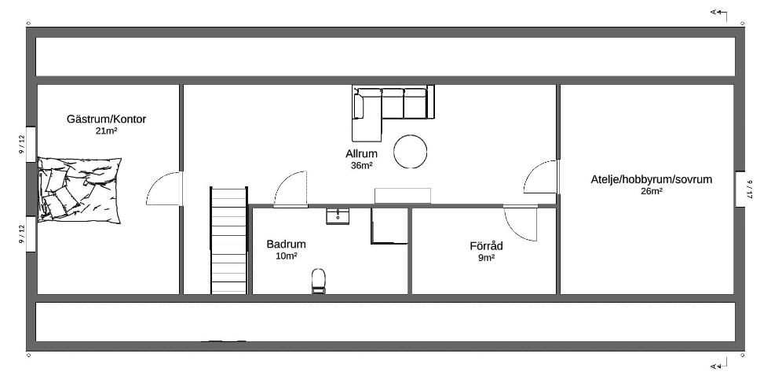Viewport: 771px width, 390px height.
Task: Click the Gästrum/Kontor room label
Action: coord(106,120)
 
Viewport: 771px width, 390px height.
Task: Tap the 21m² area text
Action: coord(106,131)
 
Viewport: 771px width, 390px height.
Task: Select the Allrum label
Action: coord(361,153)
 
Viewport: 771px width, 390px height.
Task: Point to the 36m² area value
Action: coord(361,165)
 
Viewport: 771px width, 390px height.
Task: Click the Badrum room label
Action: coord(286,244)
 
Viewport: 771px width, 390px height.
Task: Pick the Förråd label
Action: coord(486,246)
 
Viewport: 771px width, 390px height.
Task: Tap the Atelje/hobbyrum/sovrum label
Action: coord(652,180)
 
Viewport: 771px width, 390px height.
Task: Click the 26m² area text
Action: coord(652,191)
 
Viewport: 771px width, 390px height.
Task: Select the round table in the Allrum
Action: coord(410,152)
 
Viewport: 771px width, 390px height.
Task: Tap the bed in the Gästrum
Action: coord(79,190)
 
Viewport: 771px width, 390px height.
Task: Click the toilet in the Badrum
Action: coord(319,281)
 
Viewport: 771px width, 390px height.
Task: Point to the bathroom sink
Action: coord(338,216)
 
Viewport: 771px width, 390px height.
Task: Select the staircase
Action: coord(229,241)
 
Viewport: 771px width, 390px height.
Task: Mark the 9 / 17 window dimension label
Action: coord(751,189)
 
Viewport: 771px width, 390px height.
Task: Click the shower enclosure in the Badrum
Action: coord(389,226)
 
